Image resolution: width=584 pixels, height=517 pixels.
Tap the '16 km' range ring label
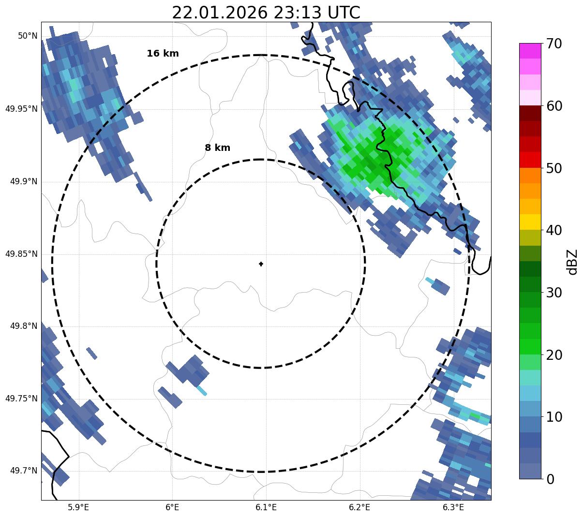point(163,54)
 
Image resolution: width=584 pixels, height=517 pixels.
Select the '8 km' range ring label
point(217,148)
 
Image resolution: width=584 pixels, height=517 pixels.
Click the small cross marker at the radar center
point(261,264)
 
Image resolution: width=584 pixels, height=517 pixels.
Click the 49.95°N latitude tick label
point(21,109)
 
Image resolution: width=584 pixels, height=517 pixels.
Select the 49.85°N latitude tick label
point(21,254)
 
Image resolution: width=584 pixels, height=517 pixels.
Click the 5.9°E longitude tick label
point(78,507)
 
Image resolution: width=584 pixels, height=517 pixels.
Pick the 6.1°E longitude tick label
point(266,507)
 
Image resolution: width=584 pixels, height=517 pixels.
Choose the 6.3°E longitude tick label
point(453,507)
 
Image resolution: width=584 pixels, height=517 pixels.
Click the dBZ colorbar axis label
point(572,262)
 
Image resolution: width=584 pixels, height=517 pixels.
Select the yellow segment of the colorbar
point(530,222)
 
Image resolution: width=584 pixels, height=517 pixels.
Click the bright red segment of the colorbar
point(530,160)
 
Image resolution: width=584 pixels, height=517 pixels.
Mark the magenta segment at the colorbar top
point(530,51)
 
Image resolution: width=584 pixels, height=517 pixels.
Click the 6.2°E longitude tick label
point(359,507)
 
